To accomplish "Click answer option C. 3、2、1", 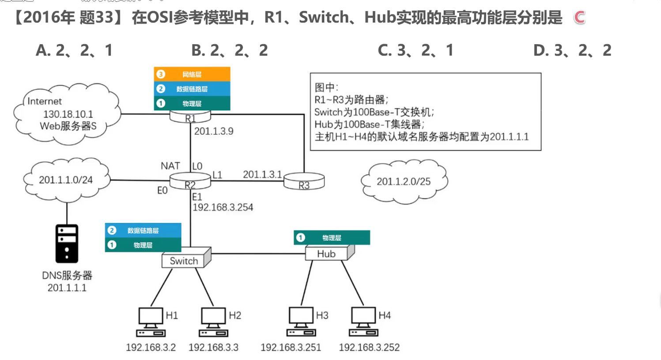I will tap(415, 50).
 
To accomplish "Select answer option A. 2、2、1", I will tap(74, 50).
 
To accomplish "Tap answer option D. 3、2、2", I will tap(572, 50).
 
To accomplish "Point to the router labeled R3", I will tap(304, 182).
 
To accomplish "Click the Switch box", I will tap(185, 261).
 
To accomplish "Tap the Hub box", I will tap(327, 254).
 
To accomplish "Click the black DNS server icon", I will tap(67, 244).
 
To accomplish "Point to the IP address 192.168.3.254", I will tap(223, 208).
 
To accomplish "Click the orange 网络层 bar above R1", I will tap(192, 74).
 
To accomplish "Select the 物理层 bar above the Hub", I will tap(332, 238).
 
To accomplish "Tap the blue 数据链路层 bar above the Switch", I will tap(143, 231).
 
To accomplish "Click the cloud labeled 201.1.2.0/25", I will tap(404, 182).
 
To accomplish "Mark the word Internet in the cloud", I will tap(45, 101).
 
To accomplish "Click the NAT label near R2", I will tap(170, 166).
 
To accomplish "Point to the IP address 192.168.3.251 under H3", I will tap(291, 348).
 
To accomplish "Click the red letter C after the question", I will tap(579, 18).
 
